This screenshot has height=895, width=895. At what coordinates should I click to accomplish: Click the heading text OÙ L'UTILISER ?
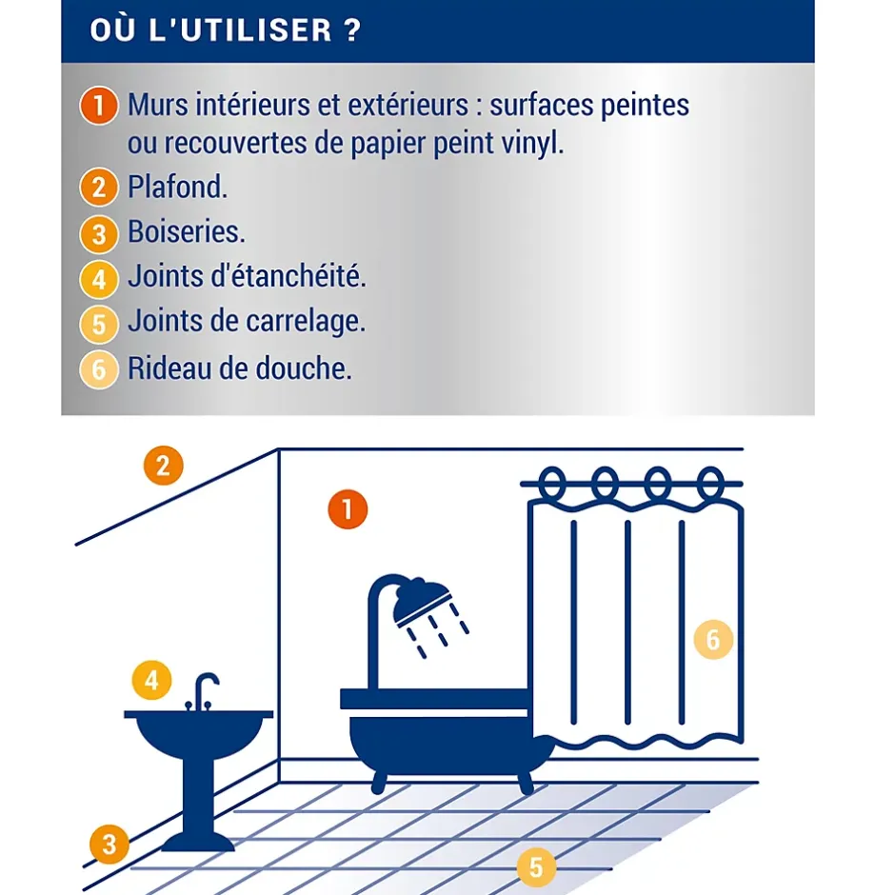click(226, 30)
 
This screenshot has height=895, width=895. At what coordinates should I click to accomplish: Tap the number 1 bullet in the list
click(99, 106)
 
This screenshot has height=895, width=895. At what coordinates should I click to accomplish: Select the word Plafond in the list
click(177, 187)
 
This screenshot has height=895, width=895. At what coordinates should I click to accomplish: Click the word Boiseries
click(186, 231)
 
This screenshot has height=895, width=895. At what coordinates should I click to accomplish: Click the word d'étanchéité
click(288, 276)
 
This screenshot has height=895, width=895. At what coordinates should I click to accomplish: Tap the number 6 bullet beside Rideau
click(99, 369)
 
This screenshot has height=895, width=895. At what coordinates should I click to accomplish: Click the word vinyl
click(532, 143)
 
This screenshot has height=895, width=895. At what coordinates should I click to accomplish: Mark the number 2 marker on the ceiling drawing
click(163, 466)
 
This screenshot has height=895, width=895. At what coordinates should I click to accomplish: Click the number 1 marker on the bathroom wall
click(348, 509)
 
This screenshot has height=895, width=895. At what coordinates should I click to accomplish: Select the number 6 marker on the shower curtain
click(713, 639)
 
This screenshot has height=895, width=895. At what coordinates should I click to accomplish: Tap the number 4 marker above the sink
click(151, 680)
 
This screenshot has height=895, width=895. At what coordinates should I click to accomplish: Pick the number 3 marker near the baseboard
click(109, 845)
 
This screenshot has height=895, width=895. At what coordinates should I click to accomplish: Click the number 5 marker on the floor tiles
click(536, 867)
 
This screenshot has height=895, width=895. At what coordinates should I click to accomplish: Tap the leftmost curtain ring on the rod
click(552, 483)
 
